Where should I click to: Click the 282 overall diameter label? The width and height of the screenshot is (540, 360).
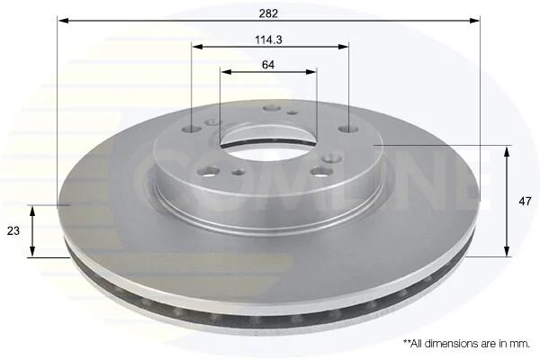pyautogui.click(x=268, y=13)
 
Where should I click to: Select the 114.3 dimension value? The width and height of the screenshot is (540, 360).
pyautogui.click(x=268, y=40)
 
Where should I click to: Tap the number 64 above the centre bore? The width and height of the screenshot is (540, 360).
pyautogui.click(x=268, y=65)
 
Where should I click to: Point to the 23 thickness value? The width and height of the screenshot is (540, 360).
pyautogui.click(x=13, y=230)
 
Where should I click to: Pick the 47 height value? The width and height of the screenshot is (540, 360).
pyautogui.click(x=525, y=202)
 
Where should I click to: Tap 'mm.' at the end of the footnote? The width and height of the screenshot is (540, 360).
pyautogui.click(x=521, y=344)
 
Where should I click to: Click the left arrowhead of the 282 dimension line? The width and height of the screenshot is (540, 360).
pyautogui.click(x=63, y=21)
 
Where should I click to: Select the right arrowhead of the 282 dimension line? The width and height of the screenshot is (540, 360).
pyautogui.click(x=474, y=21)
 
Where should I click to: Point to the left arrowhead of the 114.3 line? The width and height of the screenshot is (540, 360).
pyautogui.click(x=197, y=47)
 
